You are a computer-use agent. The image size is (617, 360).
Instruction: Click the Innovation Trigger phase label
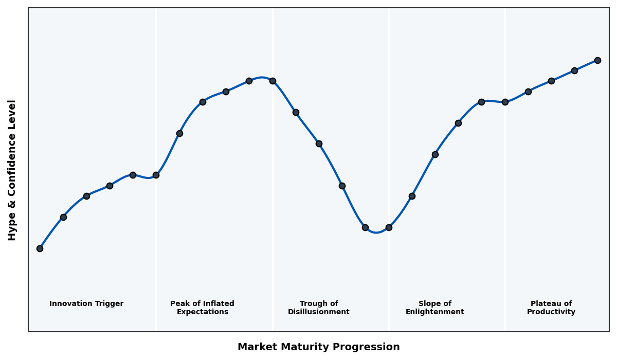[x=86, y=304]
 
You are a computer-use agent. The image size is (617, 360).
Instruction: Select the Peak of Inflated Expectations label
[x=202, y=308]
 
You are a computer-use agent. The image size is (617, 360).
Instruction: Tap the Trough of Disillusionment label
[x=318, y=308]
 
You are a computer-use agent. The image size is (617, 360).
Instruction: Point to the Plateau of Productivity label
[x=551, y=308]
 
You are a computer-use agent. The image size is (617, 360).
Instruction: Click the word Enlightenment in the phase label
[x=434, y=312]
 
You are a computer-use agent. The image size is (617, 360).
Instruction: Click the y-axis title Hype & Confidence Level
[x=12, y=170]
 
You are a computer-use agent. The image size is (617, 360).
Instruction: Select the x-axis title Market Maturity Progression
[x=318, y=347]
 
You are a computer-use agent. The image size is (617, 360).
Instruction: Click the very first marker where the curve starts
[x=40, y=248]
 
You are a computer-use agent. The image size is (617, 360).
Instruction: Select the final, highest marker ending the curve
[x=597, y=60]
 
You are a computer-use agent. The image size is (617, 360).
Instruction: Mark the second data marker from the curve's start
[x=63, y=217]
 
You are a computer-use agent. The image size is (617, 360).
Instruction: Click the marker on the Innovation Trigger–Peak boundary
[x=156, y=175]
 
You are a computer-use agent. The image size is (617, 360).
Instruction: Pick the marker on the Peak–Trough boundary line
[x=273, y=81]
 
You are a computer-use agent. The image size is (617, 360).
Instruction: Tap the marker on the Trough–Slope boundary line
[x=389, y=227]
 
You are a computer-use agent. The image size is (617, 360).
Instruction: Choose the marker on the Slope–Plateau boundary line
[x=505, y=102]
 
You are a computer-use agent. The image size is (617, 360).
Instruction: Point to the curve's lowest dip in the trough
[x=376, y=232]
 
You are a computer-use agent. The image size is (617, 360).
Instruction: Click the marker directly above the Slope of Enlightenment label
[x=435, y=154]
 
